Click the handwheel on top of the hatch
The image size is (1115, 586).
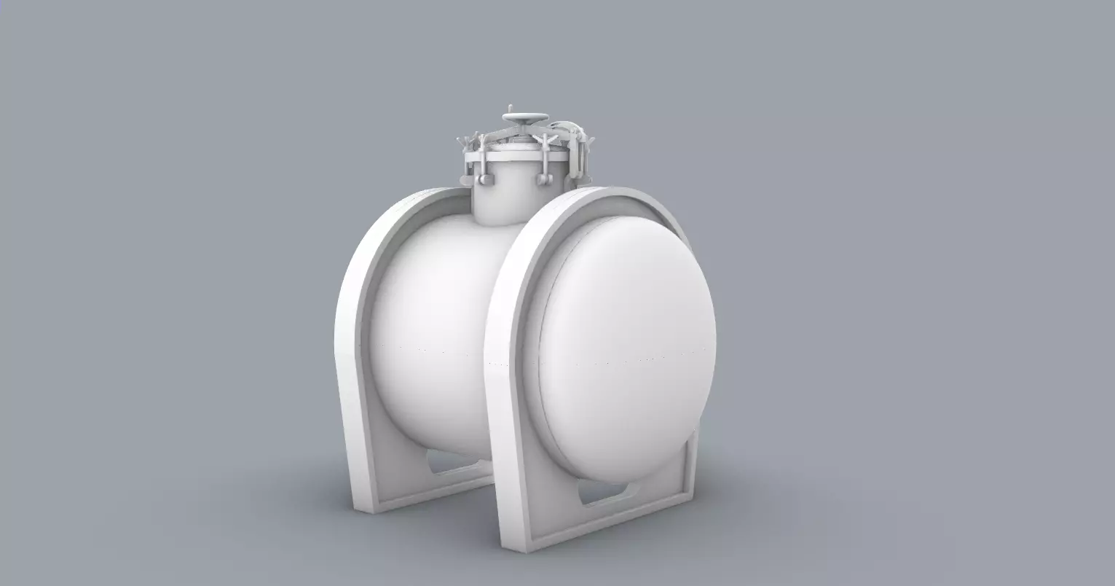point(525,117)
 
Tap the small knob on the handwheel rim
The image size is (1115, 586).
point(511,107)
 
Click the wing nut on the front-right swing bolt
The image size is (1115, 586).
point(545,140)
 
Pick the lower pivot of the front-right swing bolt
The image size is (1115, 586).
point(543,179)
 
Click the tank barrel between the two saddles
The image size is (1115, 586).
point(437,328)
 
